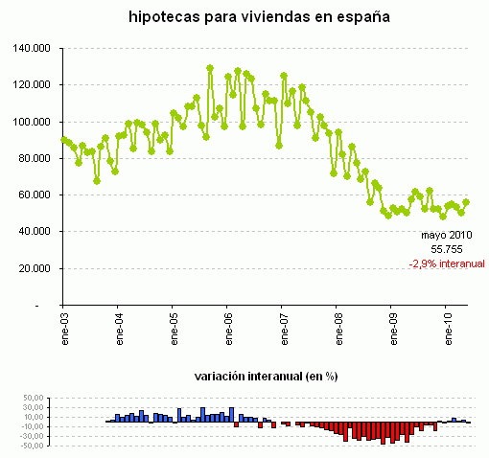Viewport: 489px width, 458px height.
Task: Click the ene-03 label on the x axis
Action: point(63,329)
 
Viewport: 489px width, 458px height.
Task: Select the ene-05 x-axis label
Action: point(174,329)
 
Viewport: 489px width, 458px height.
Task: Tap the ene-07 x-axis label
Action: point(283,329)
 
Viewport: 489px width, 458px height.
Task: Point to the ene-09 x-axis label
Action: point(392,329)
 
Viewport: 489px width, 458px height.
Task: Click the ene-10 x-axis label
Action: point(447,329)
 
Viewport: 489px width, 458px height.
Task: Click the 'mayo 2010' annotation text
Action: point(446,233)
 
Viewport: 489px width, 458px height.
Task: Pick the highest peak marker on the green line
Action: point(210,68)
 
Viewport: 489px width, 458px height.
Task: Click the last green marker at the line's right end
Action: point(466,202)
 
